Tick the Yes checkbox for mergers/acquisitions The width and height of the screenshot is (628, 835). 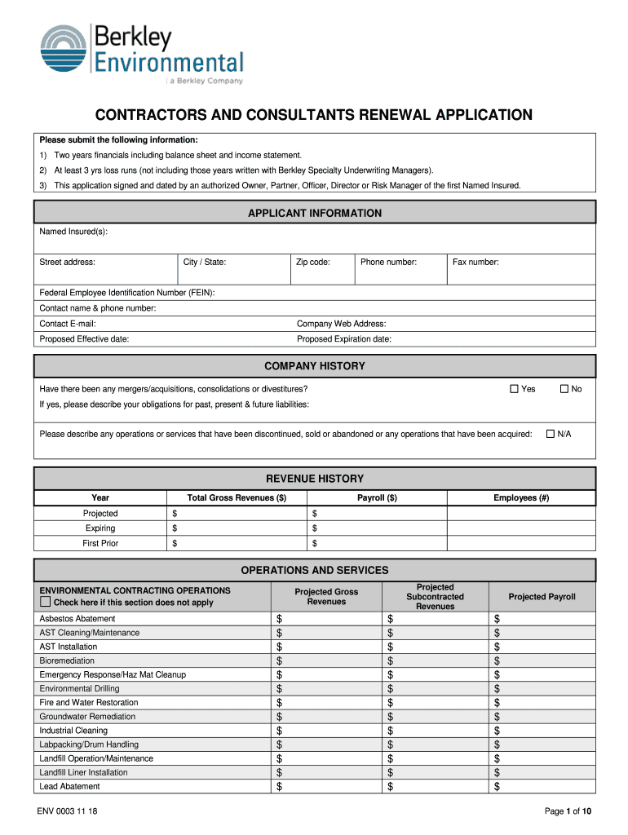[x=514, y=389]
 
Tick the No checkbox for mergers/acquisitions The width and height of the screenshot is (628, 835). [x=563, y=389]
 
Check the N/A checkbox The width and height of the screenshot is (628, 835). [x=550, y=434]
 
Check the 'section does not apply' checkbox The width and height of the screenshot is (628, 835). [x=46, y=603]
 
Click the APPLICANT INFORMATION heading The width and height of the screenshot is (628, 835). [x=314, y=214]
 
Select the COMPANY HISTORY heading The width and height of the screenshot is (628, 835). [x=314, y=366]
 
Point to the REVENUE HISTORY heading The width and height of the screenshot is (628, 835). [x=314, y=479]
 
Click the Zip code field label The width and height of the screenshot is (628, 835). [x=312, y=263]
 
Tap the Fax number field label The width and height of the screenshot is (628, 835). [x=475, y=263]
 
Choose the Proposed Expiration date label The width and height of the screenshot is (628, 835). [x=343, y=339]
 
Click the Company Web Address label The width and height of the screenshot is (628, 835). [x=341, y=324]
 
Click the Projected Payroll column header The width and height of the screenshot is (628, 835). [x=542, y=597]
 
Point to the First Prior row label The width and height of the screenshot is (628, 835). [x=100, y=543]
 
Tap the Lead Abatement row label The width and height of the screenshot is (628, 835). [x=69, y=787]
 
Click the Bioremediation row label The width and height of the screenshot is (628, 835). [x=67, y=660]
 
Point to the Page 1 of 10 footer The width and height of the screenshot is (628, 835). [x=568, y=811]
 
